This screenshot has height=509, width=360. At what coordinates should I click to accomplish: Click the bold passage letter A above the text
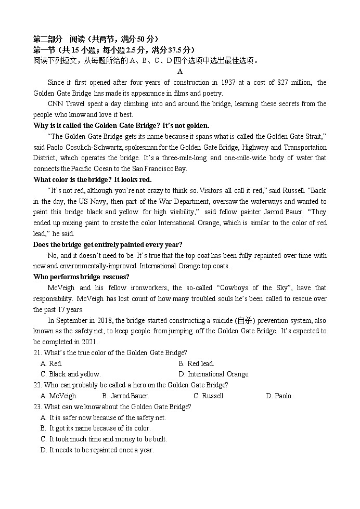180,71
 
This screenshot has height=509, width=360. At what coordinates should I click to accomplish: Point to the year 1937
228,82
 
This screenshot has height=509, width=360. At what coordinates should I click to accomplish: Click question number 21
37,353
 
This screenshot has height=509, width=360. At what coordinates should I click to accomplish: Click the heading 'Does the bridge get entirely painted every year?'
108,244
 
